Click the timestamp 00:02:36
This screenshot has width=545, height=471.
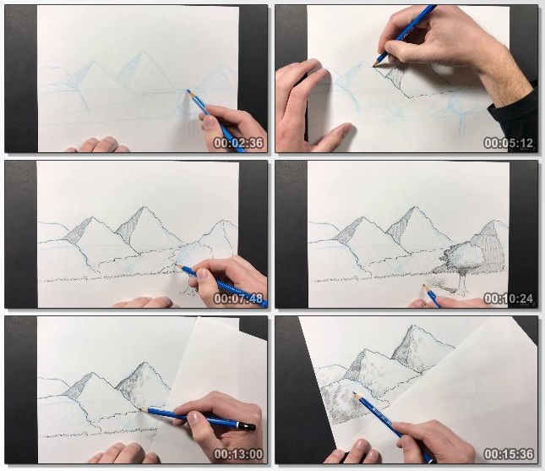238,143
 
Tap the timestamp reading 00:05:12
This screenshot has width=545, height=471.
509,143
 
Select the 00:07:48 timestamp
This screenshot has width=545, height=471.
238,298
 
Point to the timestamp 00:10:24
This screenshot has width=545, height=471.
509,298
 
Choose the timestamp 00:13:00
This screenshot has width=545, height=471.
238,454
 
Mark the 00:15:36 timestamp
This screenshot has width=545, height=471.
509,454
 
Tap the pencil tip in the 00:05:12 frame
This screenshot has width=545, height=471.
374,64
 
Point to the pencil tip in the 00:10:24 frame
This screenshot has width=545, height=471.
422,286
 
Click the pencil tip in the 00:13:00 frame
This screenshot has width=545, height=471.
141,410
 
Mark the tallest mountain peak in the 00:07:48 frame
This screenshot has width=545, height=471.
144,207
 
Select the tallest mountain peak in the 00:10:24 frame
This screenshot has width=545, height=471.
414,207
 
